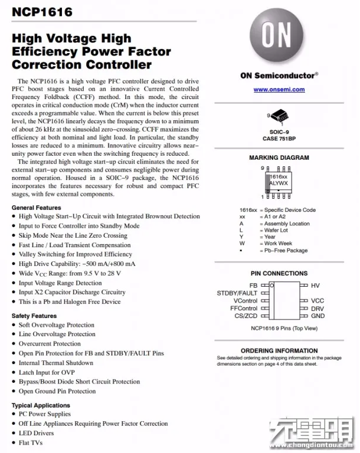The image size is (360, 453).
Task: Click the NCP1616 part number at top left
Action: [35, 12]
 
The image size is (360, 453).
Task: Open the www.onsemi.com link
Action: [279, 90]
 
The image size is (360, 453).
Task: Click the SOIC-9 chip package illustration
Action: [279, 117]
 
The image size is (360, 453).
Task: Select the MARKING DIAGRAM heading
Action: [279, 158]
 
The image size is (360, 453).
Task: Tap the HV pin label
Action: [316, 285]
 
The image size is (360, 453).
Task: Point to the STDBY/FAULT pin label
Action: [237, 293]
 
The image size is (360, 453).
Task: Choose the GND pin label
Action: [318, 316]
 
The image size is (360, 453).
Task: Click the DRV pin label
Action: [318, 308]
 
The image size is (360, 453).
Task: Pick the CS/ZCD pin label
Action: [246, 316]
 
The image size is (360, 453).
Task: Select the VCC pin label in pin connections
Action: [318, 301]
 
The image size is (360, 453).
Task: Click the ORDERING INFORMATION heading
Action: [279, 350]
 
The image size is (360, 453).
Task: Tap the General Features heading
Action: [36, 208]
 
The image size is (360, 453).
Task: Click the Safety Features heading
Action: [34, 316]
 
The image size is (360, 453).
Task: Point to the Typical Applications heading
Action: [41, 405]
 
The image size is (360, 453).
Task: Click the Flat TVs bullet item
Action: [31, 442]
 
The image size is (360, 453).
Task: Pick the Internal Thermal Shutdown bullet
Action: [55, 363]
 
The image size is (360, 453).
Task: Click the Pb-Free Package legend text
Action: [286, 251]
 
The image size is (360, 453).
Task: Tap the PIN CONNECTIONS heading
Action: [279, 274]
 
